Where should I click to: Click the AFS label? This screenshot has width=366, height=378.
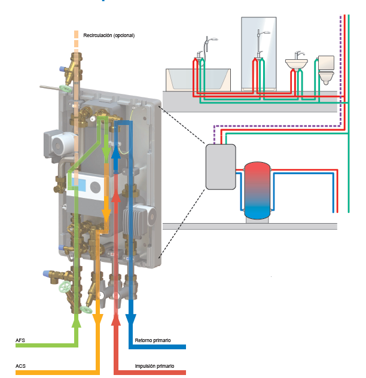click(x=20, y=340)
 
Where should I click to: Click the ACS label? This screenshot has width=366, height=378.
click(x=20, y=365)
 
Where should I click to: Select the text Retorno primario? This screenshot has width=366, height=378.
click(x=152, y=340)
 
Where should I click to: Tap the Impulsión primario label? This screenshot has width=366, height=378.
click(x=155, y=365)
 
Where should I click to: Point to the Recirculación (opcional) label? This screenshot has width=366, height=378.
click(x=109, y=35)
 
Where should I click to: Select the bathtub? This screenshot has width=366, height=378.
click(x=198, y=79)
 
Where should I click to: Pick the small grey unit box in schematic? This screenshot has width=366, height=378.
click(x=220, y=166)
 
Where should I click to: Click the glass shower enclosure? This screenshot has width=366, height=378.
click(x=258, y=54)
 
